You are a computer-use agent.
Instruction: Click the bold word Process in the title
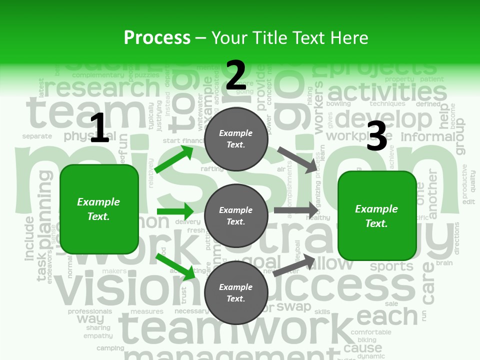pos(157,38)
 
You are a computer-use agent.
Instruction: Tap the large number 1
pos(99,128)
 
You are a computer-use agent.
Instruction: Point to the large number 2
pos(236,75)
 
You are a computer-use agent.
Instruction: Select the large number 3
pos(376,136)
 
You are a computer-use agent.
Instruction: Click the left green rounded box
pos(99,209)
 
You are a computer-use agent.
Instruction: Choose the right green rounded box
pos(377,216)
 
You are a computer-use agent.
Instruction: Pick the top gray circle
pos(236,139)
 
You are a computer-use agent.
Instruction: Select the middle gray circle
pos(236,215)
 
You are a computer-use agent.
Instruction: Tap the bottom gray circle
pos(236,292)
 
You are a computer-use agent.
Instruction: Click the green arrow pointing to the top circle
pos(174,159)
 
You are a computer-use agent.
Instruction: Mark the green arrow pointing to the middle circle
pos(175,210)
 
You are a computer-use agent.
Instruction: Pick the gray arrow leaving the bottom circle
pos(294,265)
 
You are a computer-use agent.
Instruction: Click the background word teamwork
pos(235,327)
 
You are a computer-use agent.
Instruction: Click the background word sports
pos(391,266)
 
